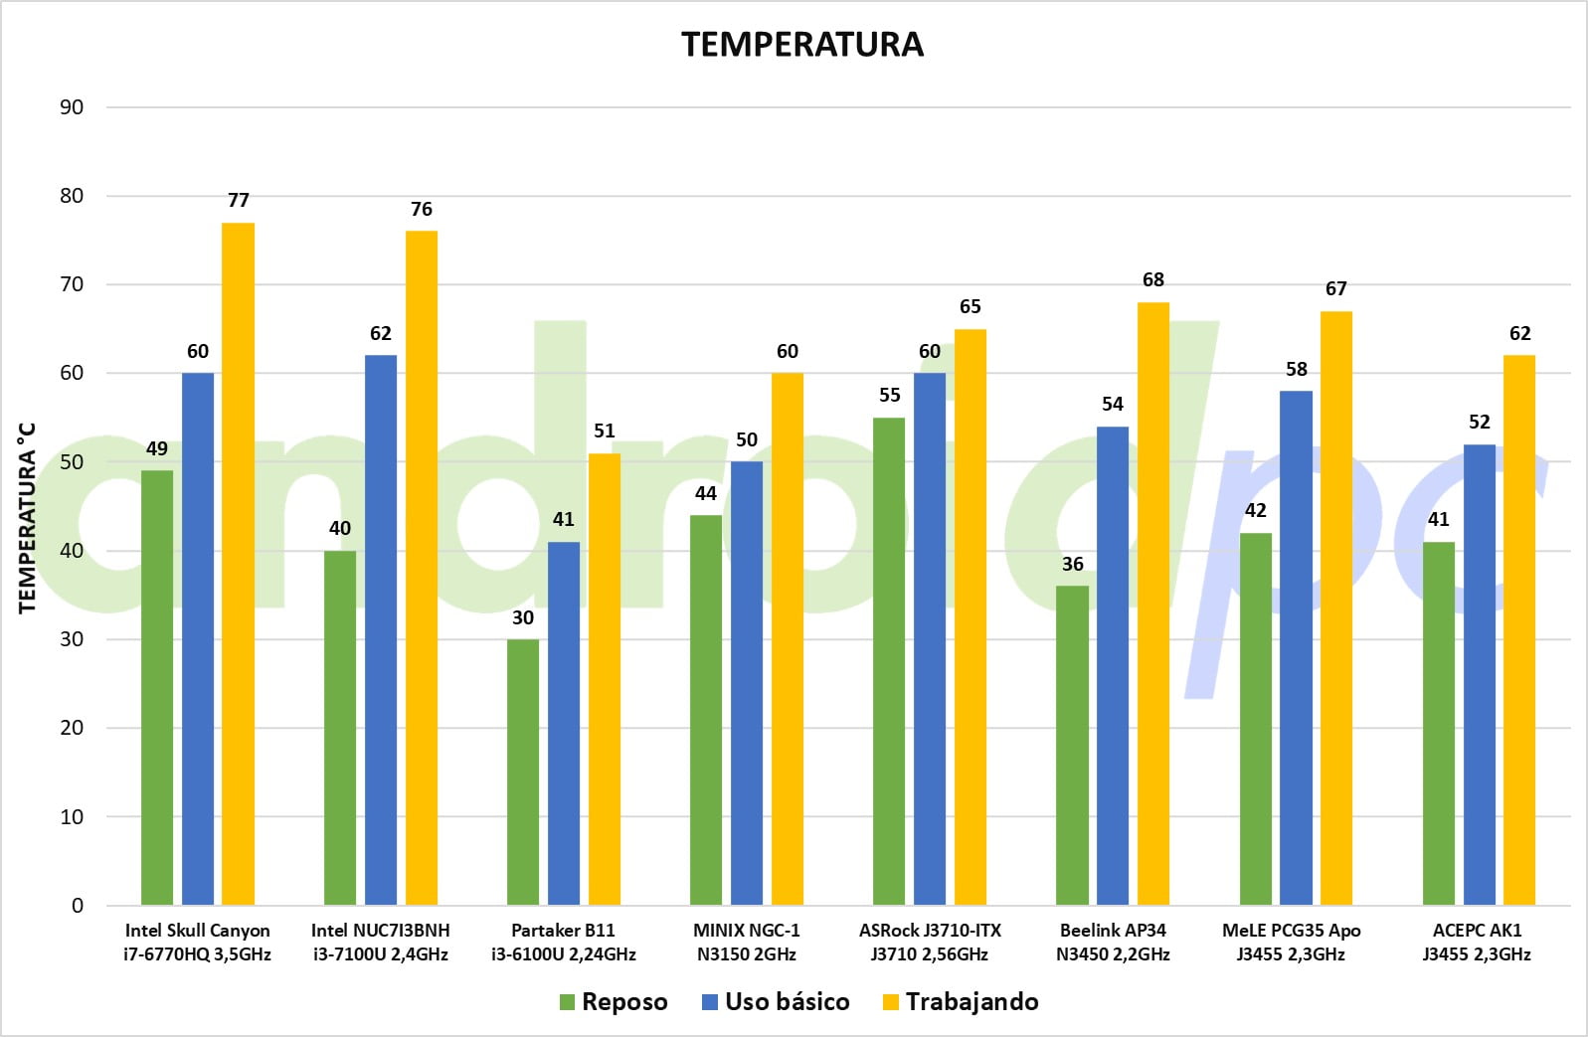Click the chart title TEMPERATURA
[802, 45]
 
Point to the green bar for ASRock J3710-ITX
[889, 661]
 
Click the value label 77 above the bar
[239, 200]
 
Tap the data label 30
[523, 617]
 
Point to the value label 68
[1153, 279]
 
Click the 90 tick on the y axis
[72, 106]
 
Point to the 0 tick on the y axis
[78, 906]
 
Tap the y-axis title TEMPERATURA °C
[27, 518]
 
